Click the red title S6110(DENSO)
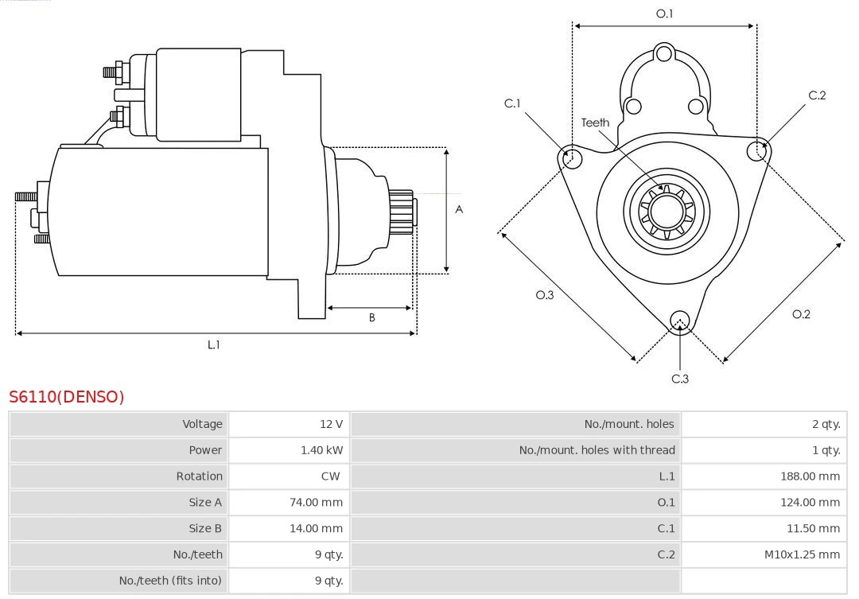67,397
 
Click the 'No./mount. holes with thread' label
597,450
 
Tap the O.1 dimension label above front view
664,14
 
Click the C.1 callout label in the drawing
512,103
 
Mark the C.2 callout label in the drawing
817,95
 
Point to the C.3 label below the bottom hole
680,379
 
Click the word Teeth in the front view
595,123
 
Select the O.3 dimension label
544,295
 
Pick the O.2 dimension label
801,314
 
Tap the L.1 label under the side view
214,344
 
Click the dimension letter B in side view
371,317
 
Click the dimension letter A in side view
459,210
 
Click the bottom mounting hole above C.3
679,321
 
